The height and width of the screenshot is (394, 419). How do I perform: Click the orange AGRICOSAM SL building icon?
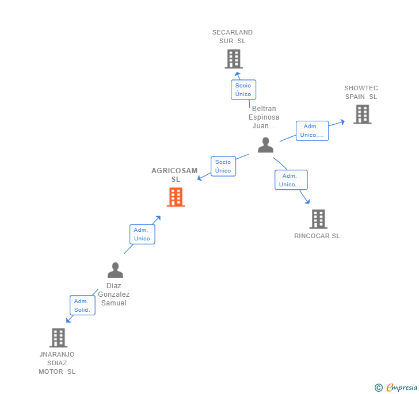pos(176,197)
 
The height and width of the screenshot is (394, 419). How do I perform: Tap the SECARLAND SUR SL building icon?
pos(233,59)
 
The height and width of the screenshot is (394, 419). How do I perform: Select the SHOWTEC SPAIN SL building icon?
pos(362,114)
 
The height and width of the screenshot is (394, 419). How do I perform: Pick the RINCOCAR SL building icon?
pos(318,219)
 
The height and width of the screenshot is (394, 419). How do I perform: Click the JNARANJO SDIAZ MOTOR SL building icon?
pos(58,338)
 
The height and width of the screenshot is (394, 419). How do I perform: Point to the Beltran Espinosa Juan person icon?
pos(265,145)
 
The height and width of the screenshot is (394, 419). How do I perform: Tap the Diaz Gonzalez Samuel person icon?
pos(115,270)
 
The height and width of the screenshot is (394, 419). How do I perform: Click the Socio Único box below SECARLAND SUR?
pos(243,90)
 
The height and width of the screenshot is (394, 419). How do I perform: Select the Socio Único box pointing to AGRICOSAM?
pos(223,166)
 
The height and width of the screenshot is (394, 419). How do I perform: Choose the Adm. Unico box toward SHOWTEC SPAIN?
pos(312,131)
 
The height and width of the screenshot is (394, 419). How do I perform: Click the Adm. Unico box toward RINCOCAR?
pos(291,180)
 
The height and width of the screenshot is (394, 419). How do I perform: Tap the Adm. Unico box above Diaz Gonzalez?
pos(142,234)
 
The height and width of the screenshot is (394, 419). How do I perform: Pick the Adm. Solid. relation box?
pos(82,305)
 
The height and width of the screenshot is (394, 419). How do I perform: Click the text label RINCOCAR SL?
pos(317,236)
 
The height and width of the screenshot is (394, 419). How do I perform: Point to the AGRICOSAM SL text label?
pos(174,175)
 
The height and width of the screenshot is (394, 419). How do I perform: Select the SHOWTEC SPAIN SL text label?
pos(361,92)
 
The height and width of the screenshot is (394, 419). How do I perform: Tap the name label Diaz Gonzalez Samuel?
pos(114,294)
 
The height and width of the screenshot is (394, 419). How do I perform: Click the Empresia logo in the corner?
pos(401,388)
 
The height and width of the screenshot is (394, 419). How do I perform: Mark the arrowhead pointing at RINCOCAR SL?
pos(307,202)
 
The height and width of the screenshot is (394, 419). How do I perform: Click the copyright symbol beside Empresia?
pos(379,388)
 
